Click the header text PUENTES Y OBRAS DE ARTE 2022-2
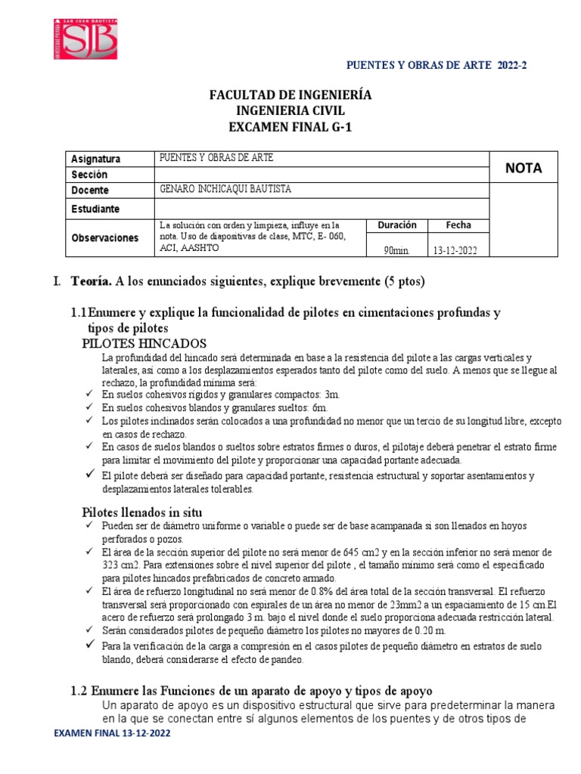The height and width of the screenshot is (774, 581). [x=436, y=66]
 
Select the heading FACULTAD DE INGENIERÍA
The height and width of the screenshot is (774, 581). [x=290, y=96]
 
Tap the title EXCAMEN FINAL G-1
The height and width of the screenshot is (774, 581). [x=290, y=127]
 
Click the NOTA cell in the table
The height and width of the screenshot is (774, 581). [x=524, y=168]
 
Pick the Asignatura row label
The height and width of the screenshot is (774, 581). [x=95, y=159]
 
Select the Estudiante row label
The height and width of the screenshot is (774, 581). [x=95, y=208]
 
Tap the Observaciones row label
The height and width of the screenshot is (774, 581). [x=104, y=237]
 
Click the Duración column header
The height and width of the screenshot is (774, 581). [x=397, y=225]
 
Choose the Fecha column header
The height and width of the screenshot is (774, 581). [x=458, y=225]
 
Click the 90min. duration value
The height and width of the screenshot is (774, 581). [x=396, y=250]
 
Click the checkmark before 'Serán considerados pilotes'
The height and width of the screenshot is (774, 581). [x=89, y=630]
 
